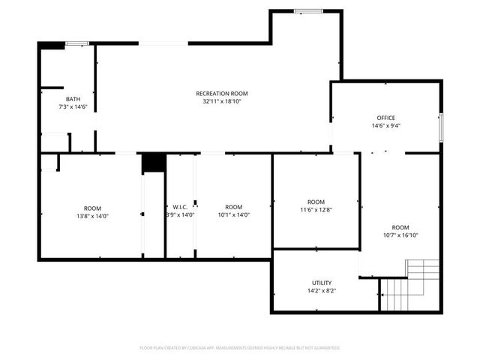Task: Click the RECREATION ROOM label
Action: pyautogui.click(x=222, y=94)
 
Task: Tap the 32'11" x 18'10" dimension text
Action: pyautogui.click(x=222, y=101)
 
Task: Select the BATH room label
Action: pyautogui.click(x=73, y=99)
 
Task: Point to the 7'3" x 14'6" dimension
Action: pyautogui.click(x=73, y=106)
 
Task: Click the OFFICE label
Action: pyautogui.click(x=385, y=118)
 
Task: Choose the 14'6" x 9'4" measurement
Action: pyautogui.click(x=385, y=125)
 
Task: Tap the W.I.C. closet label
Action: pyautogui.click(x=180, y=207)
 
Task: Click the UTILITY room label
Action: pyautogui.click(x=322, y=283)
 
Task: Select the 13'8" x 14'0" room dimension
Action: pyautogui.click(x=93, y=215)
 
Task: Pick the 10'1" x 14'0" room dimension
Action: pyautogui.click(x=233, y=215)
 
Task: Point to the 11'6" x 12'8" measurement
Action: pyautogui.click(x=316, y=209)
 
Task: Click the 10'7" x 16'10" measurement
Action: pyautogui.click(x=400, y=235)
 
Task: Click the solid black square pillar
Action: pyautogui.click(x=154, y=163)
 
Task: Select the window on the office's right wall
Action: pyautogui.click(x=441, y=122)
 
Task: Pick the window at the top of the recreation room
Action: pyautogui.click(x=307, y=11)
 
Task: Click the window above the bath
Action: pyautogui.click(x=76, y=44)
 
